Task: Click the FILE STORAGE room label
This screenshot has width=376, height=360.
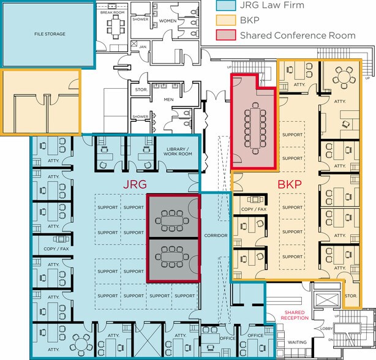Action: coord(50,34)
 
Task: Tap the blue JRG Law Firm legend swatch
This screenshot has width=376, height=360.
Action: coord(225,6)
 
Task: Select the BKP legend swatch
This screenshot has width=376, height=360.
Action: coord(225,20)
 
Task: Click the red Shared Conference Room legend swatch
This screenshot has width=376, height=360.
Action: coord(225,35)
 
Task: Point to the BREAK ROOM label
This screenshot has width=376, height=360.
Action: coord(112,12)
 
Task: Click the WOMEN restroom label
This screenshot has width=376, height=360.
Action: coord(168,21)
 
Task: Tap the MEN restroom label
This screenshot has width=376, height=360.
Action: coord(168,99)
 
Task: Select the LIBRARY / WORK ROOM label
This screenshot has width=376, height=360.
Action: coord(178,151)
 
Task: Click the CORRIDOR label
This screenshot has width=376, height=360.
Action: coord(216,236)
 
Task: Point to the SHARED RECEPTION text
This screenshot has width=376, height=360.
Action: coord(295,315)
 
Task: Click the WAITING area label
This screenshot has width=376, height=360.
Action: coord(297,342)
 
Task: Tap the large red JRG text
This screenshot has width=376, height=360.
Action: coord(135,184)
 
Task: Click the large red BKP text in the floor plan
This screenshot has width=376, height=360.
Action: coord(290,184)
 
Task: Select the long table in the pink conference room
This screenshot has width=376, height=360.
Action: coord(255,128)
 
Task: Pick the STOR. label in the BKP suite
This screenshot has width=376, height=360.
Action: coord(351,296)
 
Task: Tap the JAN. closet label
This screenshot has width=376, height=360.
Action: coord(143,47)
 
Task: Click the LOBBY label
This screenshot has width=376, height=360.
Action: coord(326,329)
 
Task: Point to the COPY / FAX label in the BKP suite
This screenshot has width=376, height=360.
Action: coord(254,209)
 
